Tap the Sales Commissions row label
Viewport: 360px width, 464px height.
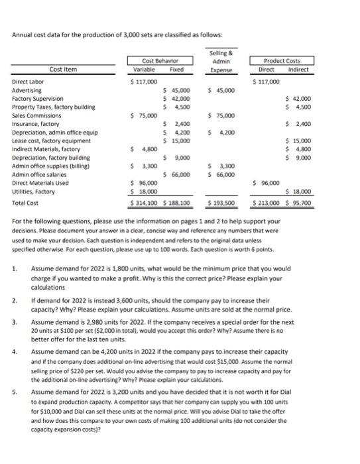click(35, 115)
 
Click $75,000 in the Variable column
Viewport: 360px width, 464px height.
click(144, 115)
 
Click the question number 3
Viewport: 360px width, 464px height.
click(15, 321)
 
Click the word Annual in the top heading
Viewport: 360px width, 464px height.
click(24, 34)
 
